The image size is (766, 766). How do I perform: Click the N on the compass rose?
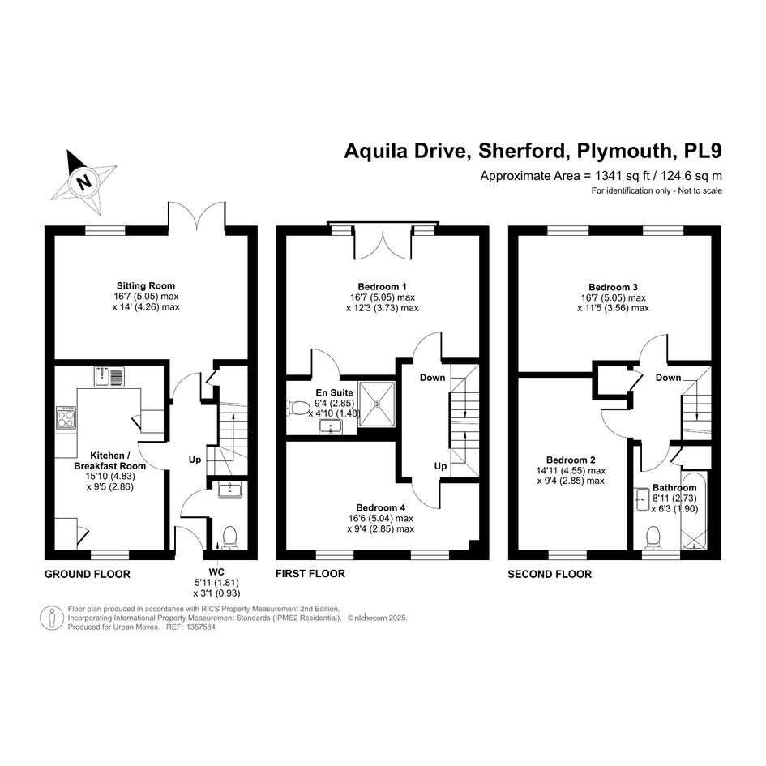pos(84,182)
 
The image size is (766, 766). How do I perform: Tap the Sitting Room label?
pos(146,286)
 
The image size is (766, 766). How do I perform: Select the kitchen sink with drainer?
pos(110,377)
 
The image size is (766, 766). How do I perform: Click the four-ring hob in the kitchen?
pos(66,417)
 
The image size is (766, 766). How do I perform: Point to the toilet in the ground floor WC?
pos(229,538)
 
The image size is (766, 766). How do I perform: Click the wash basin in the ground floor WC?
pos(229,489)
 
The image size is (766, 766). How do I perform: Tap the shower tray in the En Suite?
pos(377,404)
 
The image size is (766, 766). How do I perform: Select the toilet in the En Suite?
pos(298,407)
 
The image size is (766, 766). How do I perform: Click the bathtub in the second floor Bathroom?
pos(694,511)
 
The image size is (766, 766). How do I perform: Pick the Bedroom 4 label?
pos(380,507)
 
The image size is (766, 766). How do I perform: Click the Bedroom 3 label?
pos(613,287)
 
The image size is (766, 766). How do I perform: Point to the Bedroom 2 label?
pos(571,460)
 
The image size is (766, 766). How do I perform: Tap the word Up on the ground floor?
pos(195,460)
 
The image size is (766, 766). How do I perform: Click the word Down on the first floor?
pos(432,378)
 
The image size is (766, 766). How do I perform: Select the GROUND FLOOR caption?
pos(88,574)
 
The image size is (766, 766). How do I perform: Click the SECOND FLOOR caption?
pos(550,574)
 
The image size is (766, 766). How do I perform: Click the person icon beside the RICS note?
pos(51,618)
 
